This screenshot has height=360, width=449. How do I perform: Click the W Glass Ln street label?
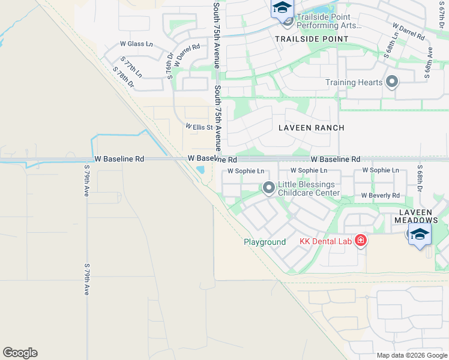click(x=136, y=44)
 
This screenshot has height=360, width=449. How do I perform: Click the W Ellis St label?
click(x=199, y=127)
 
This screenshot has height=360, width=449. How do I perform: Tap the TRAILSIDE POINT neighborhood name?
click(x=312, y=39)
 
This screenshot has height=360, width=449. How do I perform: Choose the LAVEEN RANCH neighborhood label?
click(x=312, y=128)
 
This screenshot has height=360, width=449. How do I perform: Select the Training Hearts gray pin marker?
click(x=393, y=82)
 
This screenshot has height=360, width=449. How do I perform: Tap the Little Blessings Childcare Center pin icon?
click(x=268, y=189)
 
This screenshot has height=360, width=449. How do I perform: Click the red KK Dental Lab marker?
click(x=360, y=241)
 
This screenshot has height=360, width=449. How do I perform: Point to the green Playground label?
click(x=264, y=242)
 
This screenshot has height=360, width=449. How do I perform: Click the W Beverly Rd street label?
click(x=380, y=196)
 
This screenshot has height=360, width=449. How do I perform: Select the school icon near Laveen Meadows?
click(x=420, y=234)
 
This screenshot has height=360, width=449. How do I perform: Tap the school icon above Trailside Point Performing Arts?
click(x=282, y=9)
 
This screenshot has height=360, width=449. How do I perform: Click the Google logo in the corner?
click(x=20, y=353)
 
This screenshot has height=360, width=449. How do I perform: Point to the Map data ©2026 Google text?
click(x=411, y=355)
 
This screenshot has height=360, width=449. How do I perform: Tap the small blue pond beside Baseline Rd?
click(x=200, y=170)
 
